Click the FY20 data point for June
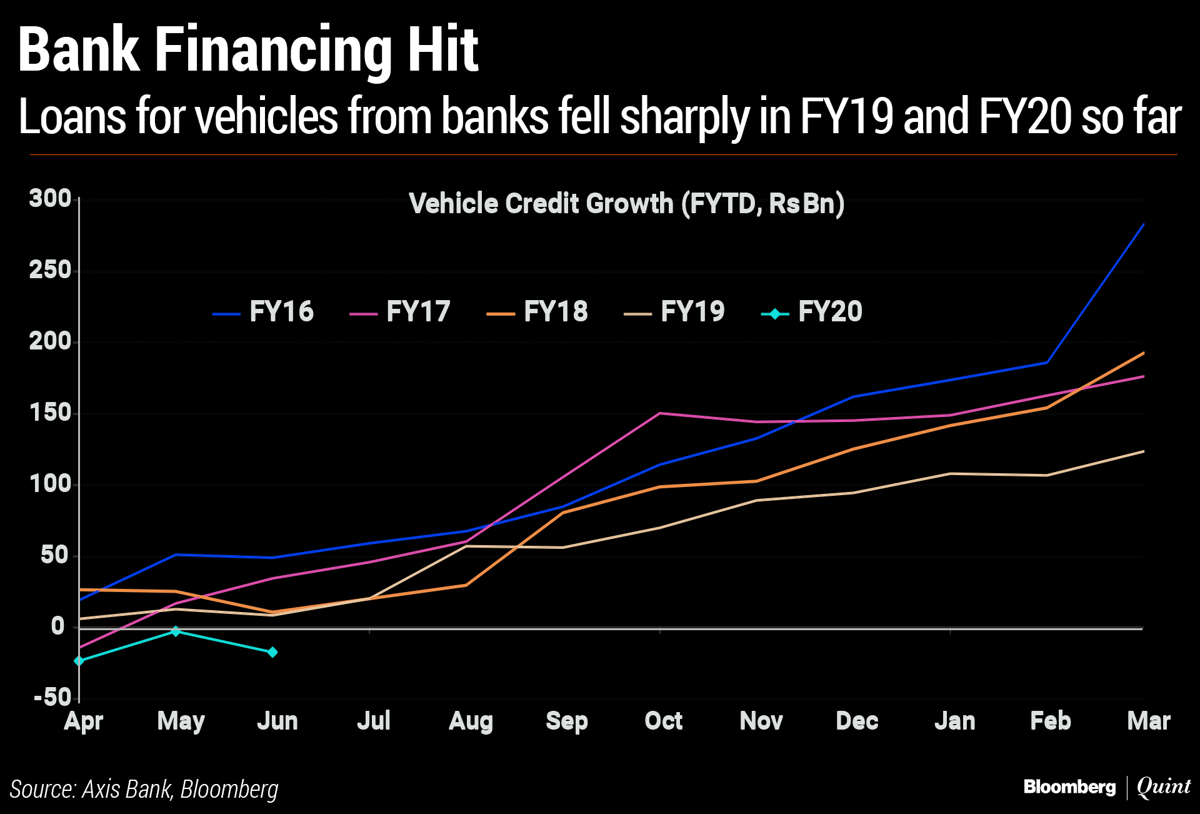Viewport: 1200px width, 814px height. click(x=272, y=652)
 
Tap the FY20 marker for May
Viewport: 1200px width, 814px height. click(x=176, y=631)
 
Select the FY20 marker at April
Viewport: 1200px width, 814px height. click(x=79, y=661)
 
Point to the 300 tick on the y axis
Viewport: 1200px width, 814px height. click(x=50, y=199)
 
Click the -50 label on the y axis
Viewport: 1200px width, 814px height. click(x=52, y=697)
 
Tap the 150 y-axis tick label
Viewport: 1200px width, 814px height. click(x=50, y=413)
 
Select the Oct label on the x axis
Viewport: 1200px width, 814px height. click(x=663, y=721)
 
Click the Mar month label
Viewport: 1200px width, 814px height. click(x=1148, y=721)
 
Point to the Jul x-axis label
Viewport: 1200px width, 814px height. click(x=374, y=721)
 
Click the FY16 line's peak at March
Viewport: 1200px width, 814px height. click(x=1143, y=224)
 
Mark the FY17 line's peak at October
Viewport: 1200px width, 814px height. click(x=660, y=413)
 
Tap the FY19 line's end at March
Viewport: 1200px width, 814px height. click(x=1143, y=451)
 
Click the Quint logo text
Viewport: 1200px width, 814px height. click(x=1164, y=786)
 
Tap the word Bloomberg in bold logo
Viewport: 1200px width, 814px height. click(x=1069, y=787)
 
